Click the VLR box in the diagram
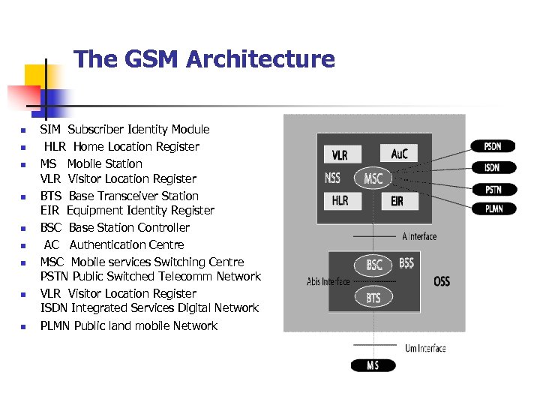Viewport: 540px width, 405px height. pyautogui.click(x=340, y=155)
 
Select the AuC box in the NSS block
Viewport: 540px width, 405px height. pyautogui.click(x=400, y=153)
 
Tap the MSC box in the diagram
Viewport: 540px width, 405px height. pyautogui.click(x=373, y=178)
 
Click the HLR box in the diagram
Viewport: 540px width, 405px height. pyautogui.click(x=340, y=201)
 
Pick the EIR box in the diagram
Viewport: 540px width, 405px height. pyautogui.click(x=397, y=201)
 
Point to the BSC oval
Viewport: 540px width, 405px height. pyautogui.click(x=373, y=265)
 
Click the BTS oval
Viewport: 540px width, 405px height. pyautogui.click(x=373, y=298)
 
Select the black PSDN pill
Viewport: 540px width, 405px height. pyautogui.click(x=493, y=146)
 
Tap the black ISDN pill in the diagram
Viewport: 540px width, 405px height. pyautogui.click(x=493, y=167)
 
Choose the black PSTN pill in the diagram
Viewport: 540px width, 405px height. pyautogui.click(x=493, y=189)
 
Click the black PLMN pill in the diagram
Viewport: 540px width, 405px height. pyautogui.click(x=493, y=208)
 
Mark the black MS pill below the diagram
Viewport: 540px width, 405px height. pyautogui.click(x=373, y=366)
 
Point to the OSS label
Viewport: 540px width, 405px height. pyautogui.click(x=442, y=281)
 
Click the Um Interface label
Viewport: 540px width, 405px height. pyautogui.click(x=425, y=348)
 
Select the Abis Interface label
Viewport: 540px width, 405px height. pyautogui.click(x=328, y=282)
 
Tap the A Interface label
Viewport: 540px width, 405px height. pyautogui.click(x=419, y=236)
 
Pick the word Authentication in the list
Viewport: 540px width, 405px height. pyautogui.click(x=127, y=244)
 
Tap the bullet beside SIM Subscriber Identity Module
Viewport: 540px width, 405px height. pyautogui.click(x=23, y=130)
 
